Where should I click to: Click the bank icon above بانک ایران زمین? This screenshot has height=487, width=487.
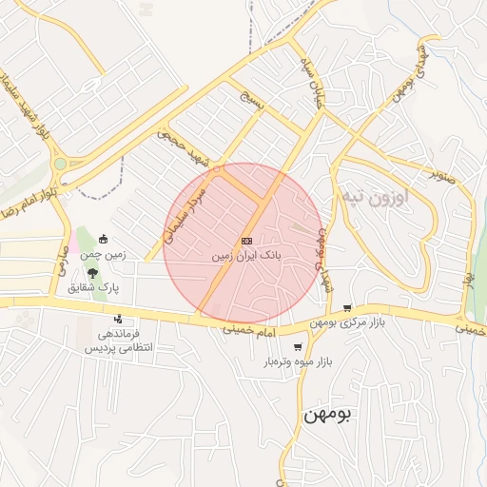pyautogui.click(x=246, y=242)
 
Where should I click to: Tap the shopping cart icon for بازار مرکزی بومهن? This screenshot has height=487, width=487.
pyautogui.click(x=346, y=308)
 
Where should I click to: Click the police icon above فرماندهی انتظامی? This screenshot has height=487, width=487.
pyautogui.click(x=118, y=319)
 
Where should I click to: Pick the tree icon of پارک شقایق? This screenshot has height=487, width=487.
pyautogui.click(x=92, y=272)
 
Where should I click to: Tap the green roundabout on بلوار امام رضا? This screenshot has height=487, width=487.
pyautogui.click(x=60, y=164)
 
